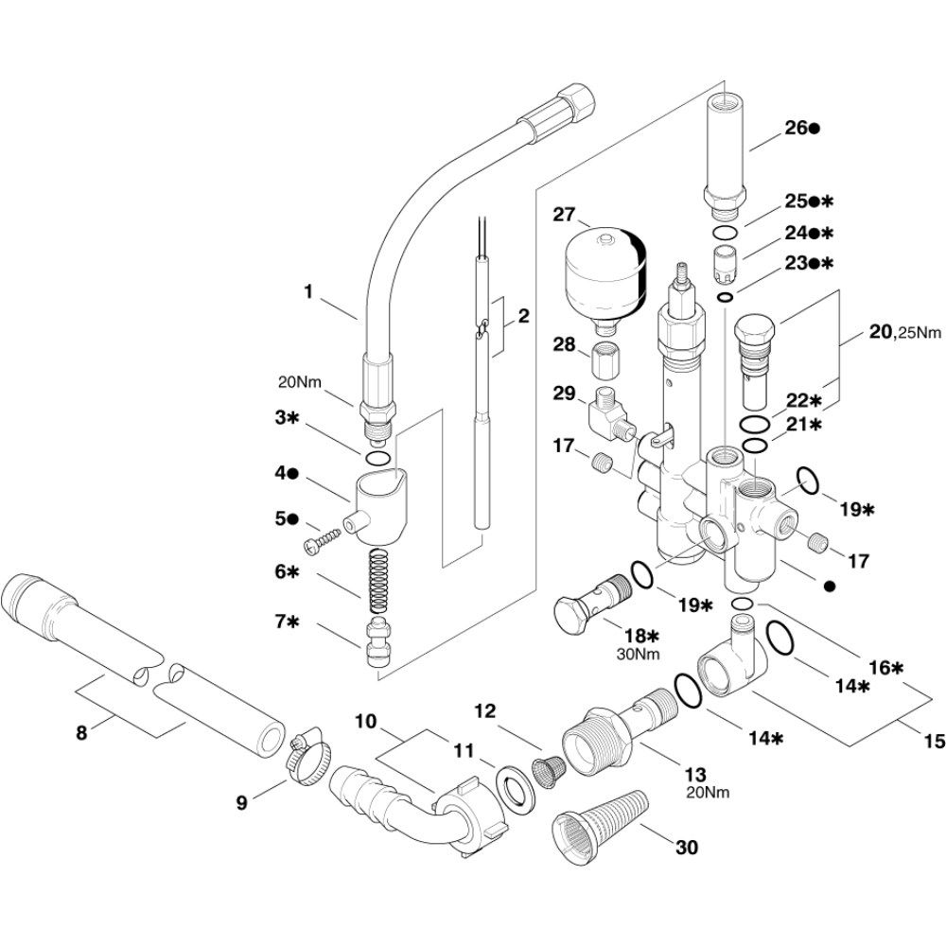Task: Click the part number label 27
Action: pyautogui.click(x=565, y=215)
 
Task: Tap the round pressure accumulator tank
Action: pyautogui.click(x=605, y=274)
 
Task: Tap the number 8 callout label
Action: pyautogui.click(x=81, y=732)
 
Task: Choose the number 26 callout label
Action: pyautogui.click(x=795, y=129)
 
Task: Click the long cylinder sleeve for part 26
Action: pyautogui.click(x=726, y=151)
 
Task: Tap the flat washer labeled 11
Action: pyautogui.click(x=517, y=788)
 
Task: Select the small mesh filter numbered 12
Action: pyautogui.click(x=547, y=772)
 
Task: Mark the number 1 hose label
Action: pyautogui.click(x=307, y=292)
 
